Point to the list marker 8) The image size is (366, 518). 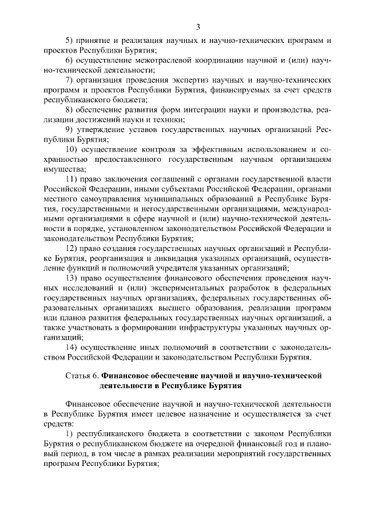coord(70,109)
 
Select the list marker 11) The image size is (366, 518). coord(72,179)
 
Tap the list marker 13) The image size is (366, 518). coord(72,278)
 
